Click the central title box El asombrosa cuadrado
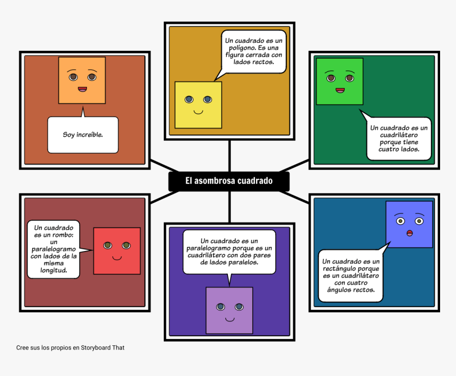point(229,181)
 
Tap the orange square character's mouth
point(82,89)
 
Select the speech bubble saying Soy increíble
point(83,135)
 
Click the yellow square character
point(198,105)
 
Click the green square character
point(339,82)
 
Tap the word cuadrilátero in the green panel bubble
point(392,135)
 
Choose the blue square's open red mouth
point(409,234)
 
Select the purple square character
point(229,310)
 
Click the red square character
point(117,251)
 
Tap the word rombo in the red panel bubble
point(63,234)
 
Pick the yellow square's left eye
point(189,99)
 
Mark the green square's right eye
point(349,78)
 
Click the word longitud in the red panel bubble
point(54,270)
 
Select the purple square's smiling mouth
point(230,319)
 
